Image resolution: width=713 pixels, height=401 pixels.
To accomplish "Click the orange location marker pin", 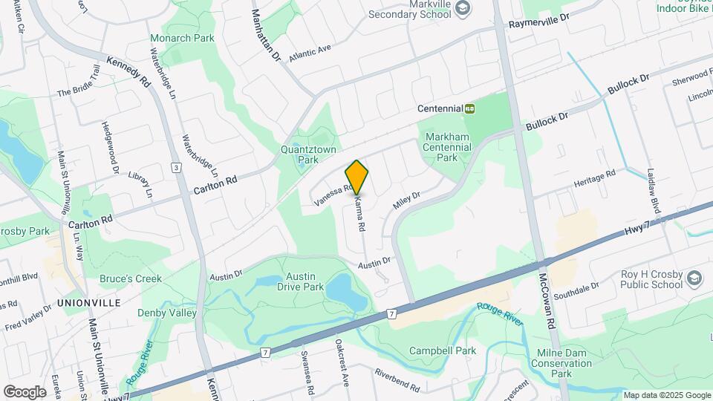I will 357,177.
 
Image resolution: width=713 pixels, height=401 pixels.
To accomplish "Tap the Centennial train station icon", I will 469,108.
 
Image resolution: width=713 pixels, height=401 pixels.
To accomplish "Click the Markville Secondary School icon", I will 463,7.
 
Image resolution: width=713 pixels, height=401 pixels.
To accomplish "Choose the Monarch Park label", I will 182,38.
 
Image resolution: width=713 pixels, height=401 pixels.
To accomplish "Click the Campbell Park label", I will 445,351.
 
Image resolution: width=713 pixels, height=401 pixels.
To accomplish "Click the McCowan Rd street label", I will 547,304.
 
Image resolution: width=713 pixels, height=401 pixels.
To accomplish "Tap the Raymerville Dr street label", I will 538,20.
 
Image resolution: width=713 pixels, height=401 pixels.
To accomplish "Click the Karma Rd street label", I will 360,212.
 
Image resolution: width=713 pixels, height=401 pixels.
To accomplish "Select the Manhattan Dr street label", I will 264,36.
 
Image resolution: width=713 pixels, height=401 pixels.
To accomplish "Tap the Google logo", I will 25,391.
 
